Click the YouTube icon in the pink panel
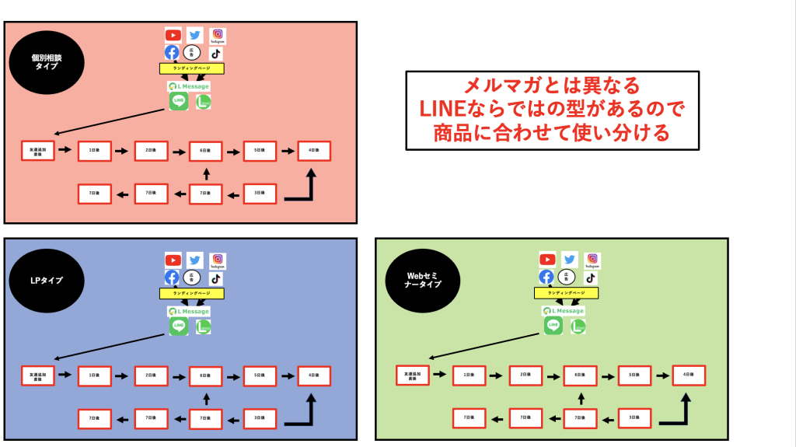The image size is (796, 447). pos(173,35)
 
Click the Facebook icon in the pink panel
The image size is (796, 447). pos(172,53)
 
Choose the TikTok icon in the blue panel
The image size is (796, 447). pos(215,278)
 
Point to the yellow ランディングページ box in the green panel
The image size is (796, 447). pos(567,293)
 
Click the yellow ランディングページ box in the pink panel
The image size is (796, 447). pos(192,68)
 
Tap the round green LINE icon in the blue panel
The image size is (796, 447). pos(179,326)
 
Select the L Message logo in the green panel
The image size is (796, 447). pos(565,311)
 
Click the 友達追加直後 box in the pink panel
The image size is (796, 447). pos(38,150)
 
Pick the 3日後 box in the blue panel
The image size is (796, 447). pos(260,419)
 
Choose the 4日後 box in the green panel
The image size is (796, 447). pos(689,375)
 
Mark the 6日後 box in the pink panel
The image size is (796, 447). pos(205,150)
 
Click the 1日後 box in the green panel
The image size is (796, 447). pos(469,375)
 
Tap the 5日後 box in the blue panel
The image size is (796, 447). pos(260,375)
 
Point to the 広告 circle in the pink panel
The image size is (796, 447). pos(192,53)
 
